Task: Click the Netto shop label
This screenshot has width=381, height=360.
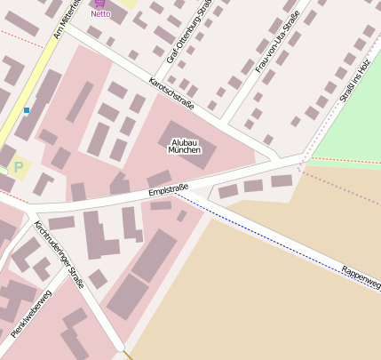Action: (x=100, y=14)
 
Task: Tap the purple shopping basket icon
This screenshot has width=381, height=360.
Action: (x=100, y=4)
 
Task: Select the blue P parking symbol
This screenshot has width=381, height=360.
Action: (x=18, y=165)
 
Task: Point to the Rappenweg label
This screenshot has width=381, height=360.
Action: (x=360, y=277)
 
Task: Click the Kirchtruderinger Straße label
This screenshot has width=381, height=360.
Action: (x=59, y=255)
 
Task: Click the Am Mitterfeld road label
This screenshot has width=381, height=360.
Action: (x=67, y=20)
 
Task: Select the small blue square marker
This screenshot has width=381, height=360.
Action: (x=27, y=110)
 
